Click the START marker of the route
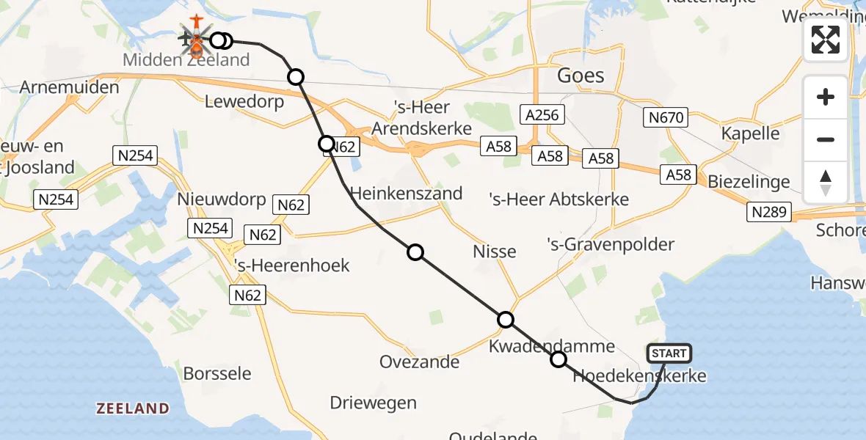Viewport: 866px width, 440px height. tap(669, 353)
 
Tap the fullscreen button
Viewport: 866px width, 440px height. tap(826, 40)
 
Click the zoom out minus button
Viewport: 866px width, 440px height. tap(826, 139)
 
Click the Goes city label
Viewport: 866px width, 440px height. tap(581, 76)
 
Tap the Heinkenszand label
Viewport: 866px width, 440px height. tap(407, 194)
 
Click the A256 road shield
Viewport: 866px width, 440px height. tap(542, 114)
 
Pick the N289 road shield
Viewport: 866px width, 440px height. tap(770, 213)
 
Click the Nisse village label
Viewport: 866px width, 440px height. tap(495, 252)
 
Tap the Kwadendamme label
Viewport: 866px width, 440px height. tap(542, 345)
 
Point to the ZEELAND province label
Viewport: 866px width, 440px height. tap(132, 408)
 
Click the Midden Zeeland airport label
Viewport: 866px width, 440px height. tap(186, 60)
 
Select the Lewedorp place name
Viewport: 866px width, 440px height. tap(244, 102)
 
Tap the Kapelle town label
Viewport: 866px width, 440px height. tap(750, 133)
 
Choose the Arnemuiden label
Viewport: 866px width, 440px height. tap(70, 87)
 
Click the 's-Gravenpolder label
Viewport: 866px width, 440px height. tap(600, 244)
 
